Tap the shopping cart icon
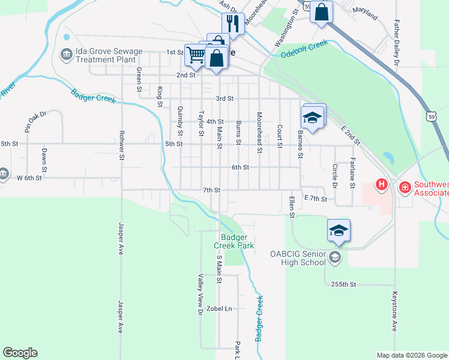[x=196, y=55]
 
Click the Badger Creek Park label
[x=234, y=241]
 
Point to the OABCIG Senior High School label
[x=297, y=258]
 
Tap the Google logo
[x=20, y=353]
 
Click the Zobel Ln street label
[x=219, y=309]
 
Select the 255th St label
[x=343, y=284]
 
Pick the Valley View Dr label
[x=200, y=295]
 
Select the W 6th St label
[x=29, y=178]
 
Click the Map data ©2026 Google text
[x=412, y=355]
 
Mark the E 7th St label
[x=316, y=198]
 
